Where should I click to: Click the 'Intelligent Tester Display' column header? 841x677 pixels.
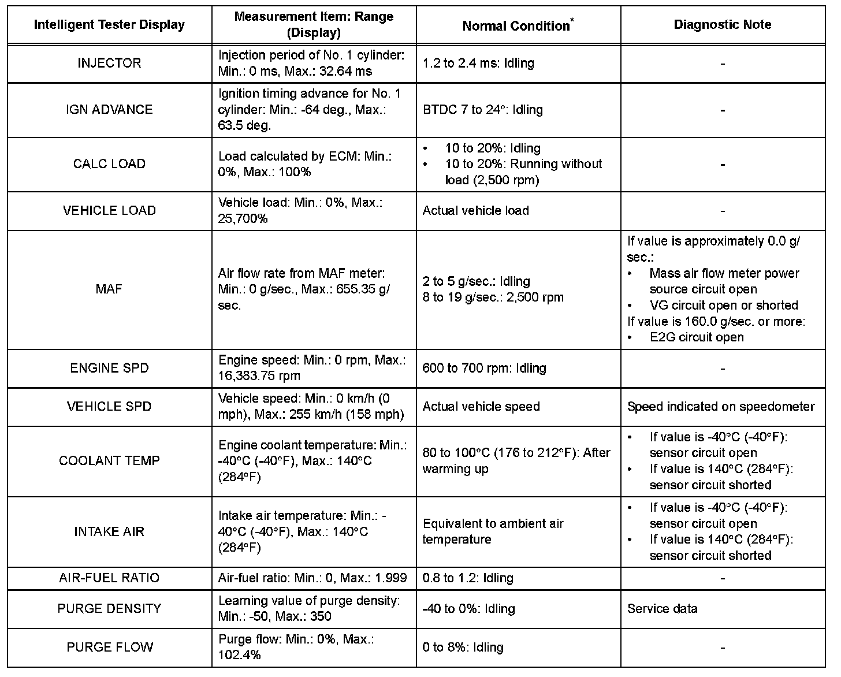point(109,25)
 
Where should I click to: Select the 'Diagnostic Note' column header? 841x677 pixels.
point(722,25)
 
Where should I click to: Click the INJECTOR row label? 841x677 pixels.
point(109,63)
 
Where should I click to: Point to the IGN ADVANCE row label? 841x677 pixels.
point(109,110)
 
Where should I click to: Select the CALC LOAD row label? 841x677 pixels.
point(109,164)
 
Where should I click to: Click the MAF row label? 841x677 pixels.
point(109,289)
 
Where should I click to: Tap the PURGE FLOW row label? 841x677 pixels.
point(110,647)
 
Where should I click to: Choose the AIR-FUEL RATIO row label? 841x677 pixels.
point(109,578)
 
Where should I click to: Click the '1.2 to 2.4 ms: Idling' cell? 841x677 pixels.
point(478,63)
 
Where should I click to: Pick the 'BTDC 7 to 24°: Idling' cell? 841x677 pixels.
point(483,110)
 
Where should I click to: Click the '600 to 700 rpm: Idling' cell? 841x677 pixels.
point(484,368)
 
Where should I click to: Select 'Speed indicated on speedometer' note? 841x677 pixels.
point(721,407)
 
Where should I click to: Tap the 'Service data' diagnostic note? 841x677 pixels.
point(662,608)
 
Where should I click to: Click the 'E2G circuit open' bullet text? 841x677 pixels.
point(697,337)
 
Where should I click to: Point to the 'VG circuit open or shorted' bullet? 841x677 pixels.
point(723,305)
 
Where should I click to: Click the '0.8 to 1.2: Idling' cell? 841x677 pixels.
point(468,578)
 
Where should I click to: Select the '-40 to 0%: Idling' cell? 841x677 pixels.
point(468,608)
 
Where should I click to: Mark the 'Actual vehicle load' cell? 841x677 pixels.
point(475,210)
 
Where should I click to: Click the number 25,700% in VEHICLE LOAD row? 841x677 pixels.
point(243,219)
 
